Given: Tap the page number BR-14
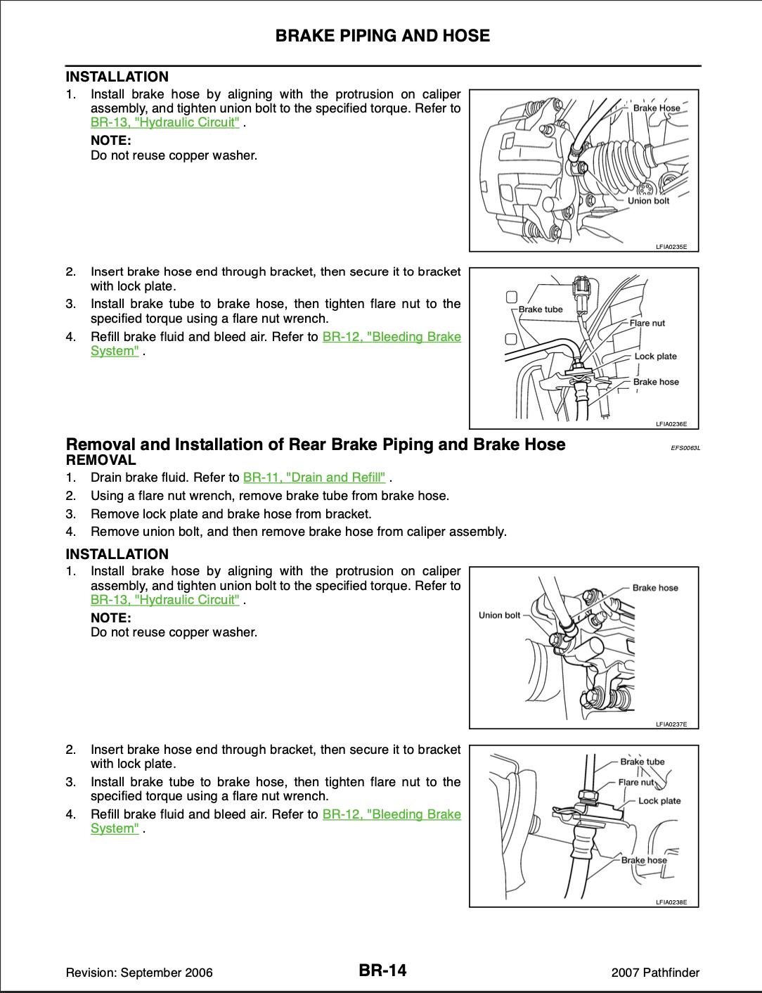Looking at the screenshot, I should tap(382, 971).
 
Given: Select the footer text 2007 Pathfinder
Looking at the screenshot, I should tap(655, 973).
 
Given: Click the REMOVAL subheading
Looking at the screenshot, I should tap(101, 461).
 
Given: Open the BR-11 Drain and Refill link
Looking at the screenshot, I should tap(314, 478).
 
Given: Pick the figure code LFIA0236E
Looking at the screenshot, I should tap(671, 423).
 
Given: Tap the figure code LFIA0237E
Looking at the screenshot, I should tap(671, 724).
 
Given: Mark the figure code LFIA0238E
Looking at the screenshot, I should tap(671, 902).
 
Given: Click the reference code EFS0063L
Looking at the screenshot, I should tap(686, 447).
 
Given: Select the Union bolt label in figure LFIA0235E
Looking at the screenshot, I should tap(648, 200).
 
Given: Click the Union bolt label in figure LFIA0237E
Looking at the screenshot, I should tap(499, 615).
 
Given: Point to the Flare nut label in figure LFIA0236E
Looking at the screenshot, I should tap(647, 323).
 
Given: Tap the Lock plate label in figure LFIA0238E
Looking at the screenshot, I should tap(659, 800).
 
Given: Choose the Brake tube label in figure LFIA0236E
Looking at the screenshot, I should tap(541, 309).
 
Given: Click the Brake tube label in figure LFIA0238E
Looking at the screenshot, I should tap(642, 762).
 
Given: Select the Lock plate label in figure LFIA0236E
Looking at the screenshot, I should tap(655, 356).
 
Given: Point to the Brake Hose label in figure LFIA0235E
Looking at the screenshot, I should tap(657, 108).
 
